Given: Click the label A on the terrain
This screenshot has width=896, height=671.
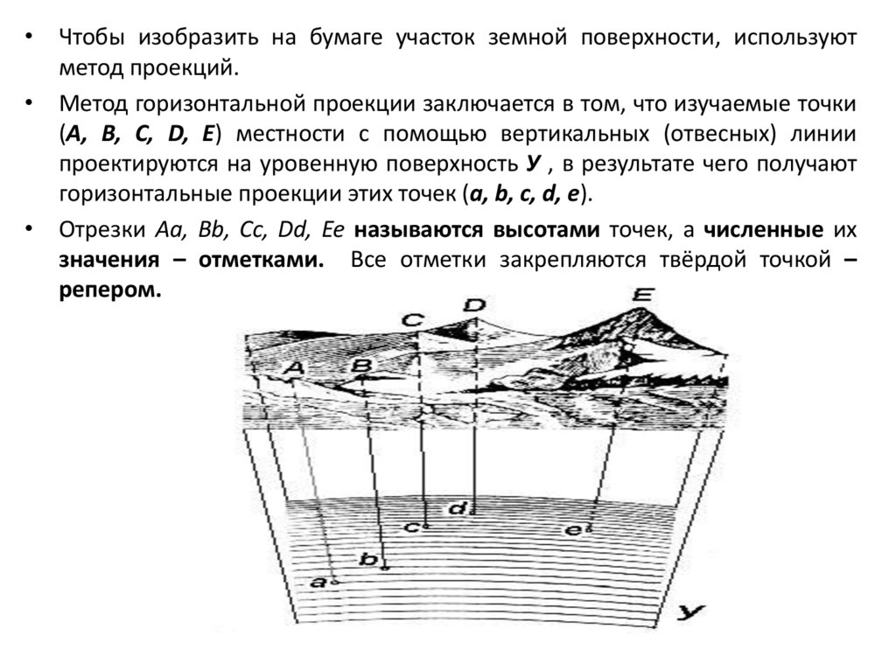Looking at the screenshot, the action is coord(295,369).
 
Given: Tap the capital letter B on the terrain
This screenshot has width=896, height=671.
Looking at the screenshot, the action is coord(361,366).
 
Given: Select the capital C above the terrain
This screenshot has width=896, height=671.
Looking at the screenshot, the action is coord(412,321).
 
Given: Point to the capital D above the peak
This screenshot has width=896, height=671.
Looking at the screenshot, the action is coord(474,305).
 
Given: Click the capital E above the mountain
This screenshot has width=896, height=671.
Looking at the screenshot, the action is coord(640,296).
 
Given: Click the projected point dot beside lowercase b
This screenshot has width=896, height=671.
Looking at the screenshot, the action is coord(386,568).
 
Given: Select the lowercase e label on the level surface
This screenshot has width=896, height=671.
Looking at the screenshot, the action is coord(573,529).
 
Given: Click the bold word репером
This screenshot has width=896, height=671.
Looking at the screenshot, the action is coord(110,291).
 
